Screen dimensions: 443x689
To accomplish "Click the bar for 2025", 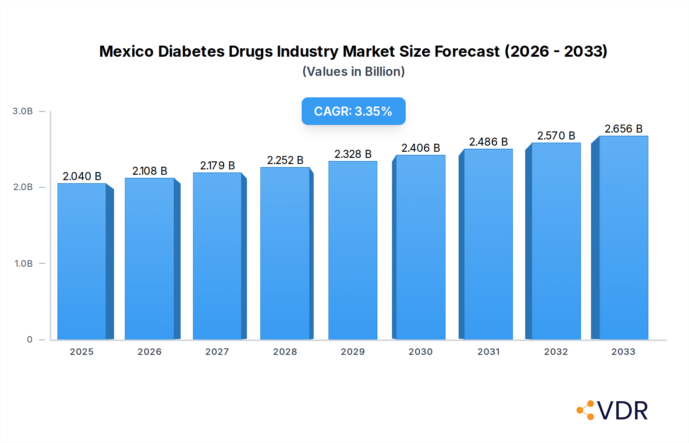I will coord(82,261).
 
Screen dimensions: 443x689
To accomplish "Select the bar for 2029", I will coord(353,250).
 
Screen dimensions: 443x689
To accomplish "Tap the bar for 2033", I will coord(624,238).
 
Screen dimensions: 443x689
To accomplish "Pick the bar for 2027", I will coord(217,256).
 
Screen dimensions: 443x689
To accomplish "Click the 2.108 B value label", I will coord(150,171).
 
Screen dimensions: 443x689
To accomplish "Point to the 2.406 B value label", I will coord(421,148).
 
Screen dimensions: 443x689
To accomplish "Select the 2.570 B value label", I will coord(556,136).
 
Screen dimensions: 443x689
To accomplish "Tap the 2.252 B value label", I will coord(285,160).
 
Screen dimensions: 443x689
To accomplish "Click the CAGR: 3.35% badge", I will coord(353,111).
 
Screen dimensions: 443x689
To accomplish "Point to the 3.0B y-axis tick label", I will coord(23,111).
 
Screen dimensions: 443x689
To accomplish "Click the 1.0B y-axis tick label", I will coord(23,264).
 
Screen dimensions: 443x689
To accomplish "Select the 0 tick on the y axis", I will coord(29,340).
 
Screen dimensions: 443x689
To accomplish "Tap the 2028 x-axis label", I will coord(285,352).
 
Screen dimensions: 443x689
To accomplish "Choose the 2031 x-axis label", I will coord(488,352).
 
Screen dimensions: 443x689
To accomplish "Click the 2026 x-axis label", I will coord(149,352).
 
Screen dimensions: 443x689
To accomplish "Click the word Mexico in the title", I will coord(126,51).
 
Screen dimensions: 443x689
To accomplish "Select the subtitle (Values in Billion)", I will coord(353,72).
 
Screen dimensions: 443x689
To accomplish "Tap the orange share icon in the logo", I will coord(586,410).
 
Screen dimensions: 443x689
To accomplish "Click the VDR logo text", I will coord(622,411).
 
